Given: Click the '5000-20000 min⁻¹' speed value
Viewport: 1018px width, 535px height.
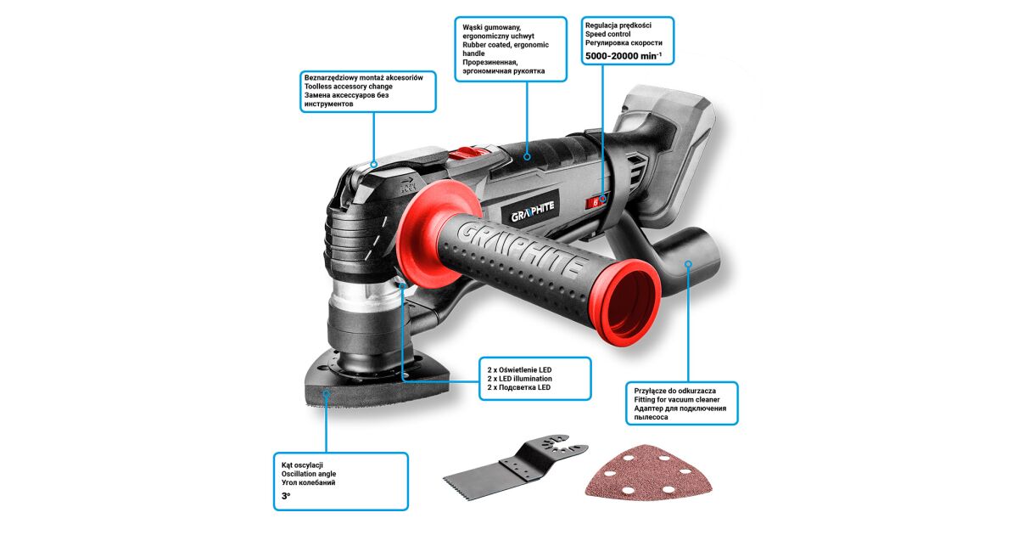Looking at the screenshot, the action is pos(623,56).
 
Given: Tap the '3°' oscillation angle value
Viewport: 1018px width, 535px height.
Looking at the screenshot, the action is pos(286,496).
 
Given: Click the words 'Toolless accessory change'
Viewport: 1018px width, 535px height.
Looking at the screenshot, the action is pos(348,87).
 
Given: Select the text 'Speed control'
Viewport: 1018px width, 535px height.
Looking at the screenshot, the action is pos(607,34).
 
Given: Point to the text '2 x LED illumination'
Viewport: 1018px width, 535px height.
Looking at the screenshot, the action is pos(519,379).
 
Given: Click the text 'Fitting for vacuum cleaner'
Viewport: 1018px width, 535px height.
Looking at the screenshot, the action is pos(677,399).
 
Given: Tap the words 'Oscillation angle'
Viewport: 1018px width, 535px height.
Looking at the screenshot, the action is pos(309,474).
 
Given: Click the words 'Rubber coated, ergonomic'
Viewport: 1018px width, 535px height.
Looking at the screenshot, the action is pos(506,44).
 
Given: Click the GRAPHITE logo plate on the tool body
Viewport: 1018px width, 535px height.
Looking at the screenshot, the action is pos(532,211).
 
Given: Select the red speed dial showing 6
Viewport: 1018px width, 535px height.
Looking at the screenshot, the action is pos(595,202).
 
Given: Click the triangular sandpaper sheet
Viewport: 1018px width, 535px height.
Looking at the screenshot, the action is pos(648,472).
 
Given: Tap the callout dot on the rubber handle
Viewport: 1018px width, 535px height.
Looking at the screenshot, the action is pos(527,156).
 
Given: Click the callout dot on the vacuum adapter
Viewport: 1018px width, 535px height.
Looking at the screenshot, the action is pos(689,264).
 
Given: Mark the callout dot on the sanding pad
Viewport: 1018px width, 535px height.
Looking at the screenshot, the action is pos(326,394).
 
